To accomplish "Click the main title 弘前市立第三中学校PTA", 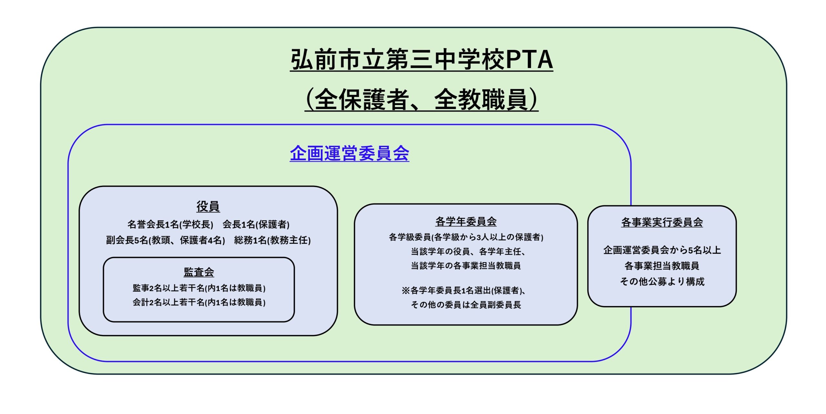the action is [x=421, y=60].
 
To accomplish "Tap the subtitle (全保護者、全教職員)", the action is [x=421, y=100].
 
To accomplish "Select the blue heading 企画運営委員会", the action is [x=349, y=153].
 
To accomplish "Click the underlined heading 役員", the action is [x=208, y=206].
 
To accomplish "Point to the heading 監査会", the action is [x=199, y=272].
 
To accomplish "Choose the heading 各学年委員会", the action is [x=466, y=222].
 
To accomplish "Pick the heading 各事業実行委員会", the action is [x=662, y=222].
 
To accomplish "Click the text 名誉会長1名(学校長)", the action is [x=170, y=224].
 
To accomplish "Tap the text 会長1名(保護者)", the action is [x=256, y=224].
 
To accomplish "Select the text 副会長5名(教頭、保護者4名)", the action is [x=166, y=240].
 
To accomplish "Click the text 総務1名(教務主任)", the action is [x=272, y=240].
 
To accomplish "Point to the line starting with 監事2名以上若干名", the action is [x=199, y=288].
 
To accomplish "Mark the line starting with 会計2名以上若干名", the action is [x=199, y=302].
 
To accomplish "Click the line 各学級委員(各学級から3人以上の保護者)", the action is [x=466, y=237].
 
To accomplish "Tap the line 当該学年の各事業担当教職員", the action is [x=466, y=266].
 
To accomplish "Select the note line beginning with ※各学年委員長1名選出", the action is [x=464, y=291].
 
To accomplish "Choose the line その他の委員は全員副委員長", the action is [x=466, y=305].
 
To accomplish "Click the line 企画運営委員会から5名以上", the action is [x=662, y=250].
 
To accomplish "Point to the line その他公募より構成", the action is [x=662, y=281].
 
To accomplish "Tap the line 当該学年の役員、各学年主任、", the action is [x=468, y=251].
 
